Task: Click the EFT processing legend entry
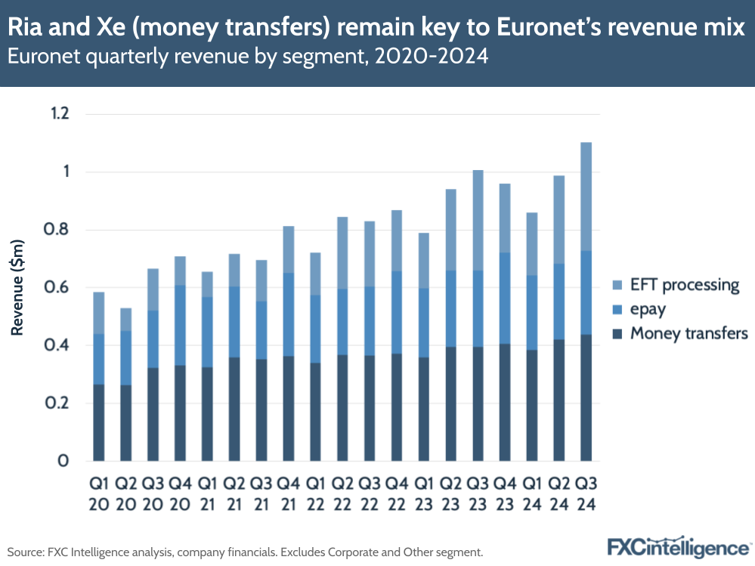[x=675, y=285]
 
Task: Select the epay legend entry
[x=648, y=309]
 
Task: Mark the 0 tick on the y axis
[x=63, y=461]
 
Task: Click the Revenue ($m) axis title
[x=18, y=288]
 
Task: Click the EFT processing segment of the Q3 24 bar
[x=586, y=196]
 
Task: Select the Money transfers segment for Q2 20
[x=125, y=423]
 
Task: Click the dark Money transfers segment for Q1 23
[x=423, y=409]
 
